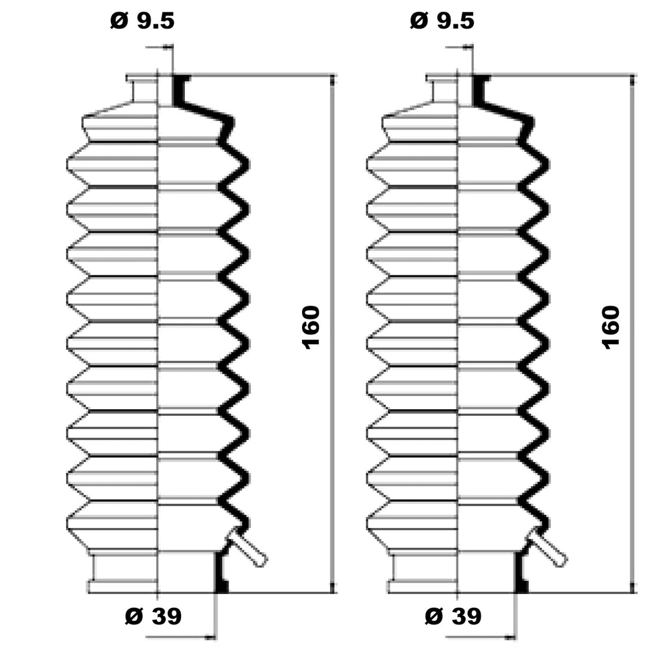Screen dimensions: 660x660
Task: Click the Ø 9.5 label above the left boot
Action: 142,21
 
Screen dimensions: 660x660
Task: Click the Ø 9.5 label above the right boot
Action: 442,21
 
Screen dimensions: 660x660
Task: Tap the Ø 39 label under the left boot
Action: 153,616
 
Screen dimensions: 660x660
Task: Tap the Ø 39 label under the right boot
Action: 453,616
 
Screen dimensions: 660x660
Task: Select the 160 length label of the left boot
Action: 311,328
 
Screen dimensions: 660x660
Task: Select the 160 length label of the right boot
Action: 611,328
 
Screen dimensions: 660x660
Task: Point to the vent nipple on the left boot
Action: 247,547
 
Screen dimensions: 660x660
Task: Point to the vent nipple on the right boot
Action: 547,547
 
